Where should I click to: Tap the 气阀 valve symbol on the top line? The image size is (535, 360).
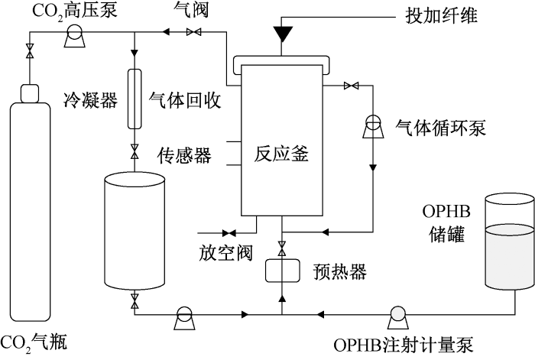pos(194,32)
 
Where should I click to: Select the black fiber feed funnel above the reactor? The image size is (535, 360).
pos(282,33)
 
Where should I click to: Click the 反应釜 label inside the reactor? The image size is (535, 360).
pos(281,154)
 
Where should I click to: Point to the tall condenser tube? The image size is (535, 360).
pos(135,99)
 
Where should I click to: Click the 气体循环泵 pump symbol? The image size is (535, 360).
pos(373,127)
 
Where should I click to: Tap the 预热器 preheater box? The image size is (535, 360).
pos(283,271)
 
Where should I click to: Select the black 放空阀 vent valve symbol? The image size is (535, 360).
pos(229,233)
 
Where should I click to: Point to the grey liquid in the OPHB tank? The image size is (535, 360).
pos(510,258)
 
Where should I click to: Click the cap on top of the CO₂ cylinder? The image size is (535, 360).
pos(30,93)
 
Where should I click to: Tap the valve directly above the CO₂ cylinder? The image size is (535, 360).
pos(30,50)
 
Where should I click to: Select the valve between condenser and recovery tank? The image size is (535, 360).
pos(135,151)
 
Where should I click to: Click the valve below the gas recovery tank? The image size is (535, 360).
pos(135,300)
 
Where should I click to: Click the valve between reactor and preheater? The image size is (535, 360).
pos(282,248)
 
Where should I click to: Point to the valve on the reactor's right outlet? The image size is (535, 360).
pos(351,86)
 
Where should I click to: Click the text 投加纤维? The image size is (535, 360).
pos(442,15)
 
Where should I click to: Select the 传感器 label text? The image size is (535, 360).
pos(184,156)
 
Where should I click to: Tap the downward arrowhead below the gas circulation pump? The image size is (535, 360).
pos(373,167)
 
